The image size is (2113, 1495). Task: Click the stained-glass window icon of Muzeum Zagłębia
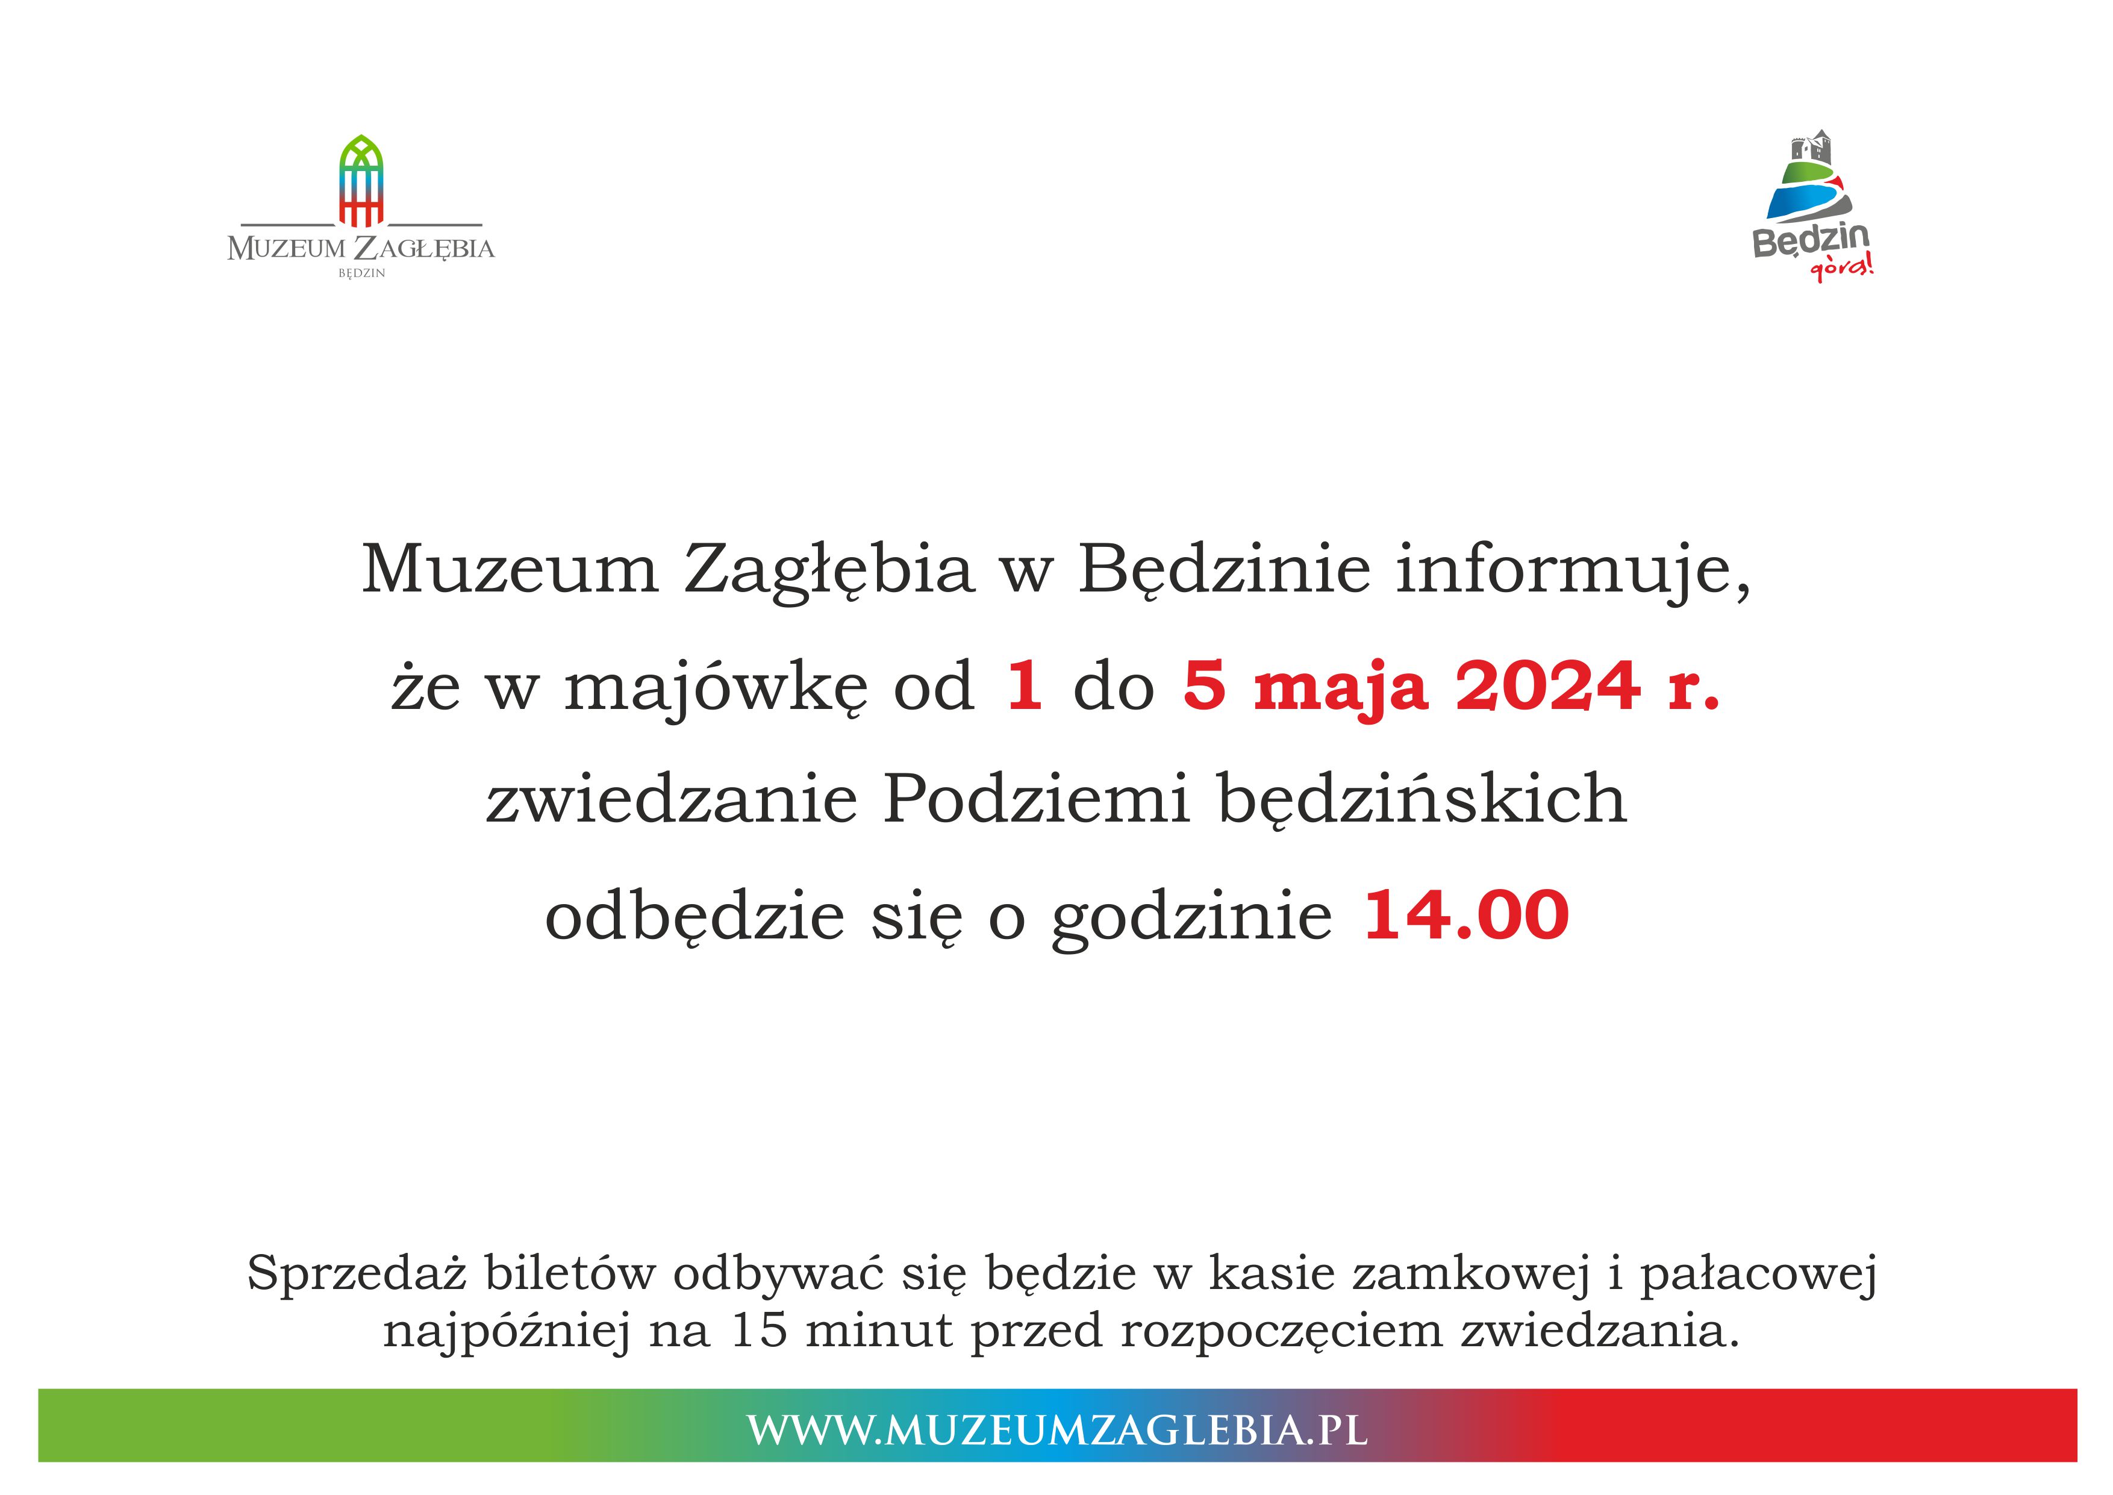(361, 181)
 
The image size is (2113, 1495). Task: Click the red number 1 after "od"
(1025, 685)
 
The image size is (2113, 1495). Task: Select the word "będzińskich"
(1422, 800)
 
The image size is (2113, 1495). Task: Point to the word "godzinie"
(1192, 918)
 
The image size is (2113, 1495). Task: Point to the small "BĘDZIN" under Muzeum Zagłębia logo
(361, 273)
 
